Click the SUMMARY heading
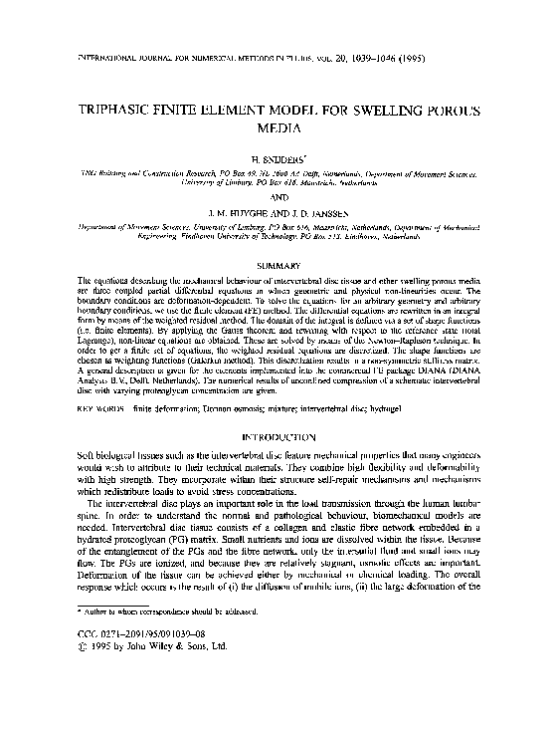277,264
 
